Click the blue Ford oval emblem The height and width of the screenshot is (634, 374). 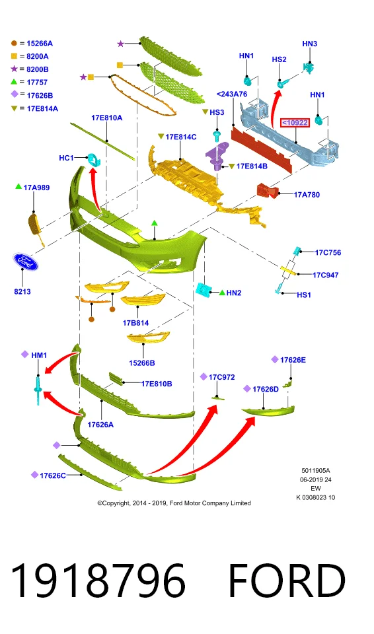pos(25,262)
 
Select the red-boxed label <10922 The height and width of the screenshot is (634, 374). pos(295,123)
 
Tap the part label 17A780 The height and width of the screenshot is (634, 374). pos(307,195)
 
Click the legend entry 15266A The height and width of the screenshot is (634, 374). pos(40,44)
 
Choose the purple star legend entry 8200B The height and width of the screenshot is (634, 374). pos(38,69)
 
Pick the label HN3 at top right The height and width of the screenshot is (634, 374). pos(310,44)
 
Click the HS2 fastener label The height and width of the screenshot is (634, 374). pos(280,59)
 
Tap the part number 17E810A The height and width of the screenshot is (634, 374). pos(107,118)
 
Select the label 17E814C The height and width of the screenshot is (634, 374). pos(181,137)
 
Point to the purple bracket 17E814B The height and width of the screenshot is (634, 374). pos(217,156)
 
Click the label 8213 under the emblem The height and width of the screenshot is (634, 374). pos(22,291)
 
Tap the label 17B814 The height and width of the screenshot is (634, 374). pos(135,323)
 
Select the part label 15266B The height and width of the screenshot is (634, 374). pos(142,363)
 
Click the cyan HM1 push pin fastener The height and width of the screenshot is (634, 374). pos(38,390)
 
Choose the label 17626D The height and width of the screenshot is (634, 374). pos(266,390)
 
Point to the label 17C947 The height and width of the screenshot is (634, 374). pos(325,275)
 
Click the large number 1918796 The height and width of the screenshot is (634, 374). pos(98,581)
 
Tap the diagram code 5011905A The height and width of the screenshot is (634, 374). pos(316,471)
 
